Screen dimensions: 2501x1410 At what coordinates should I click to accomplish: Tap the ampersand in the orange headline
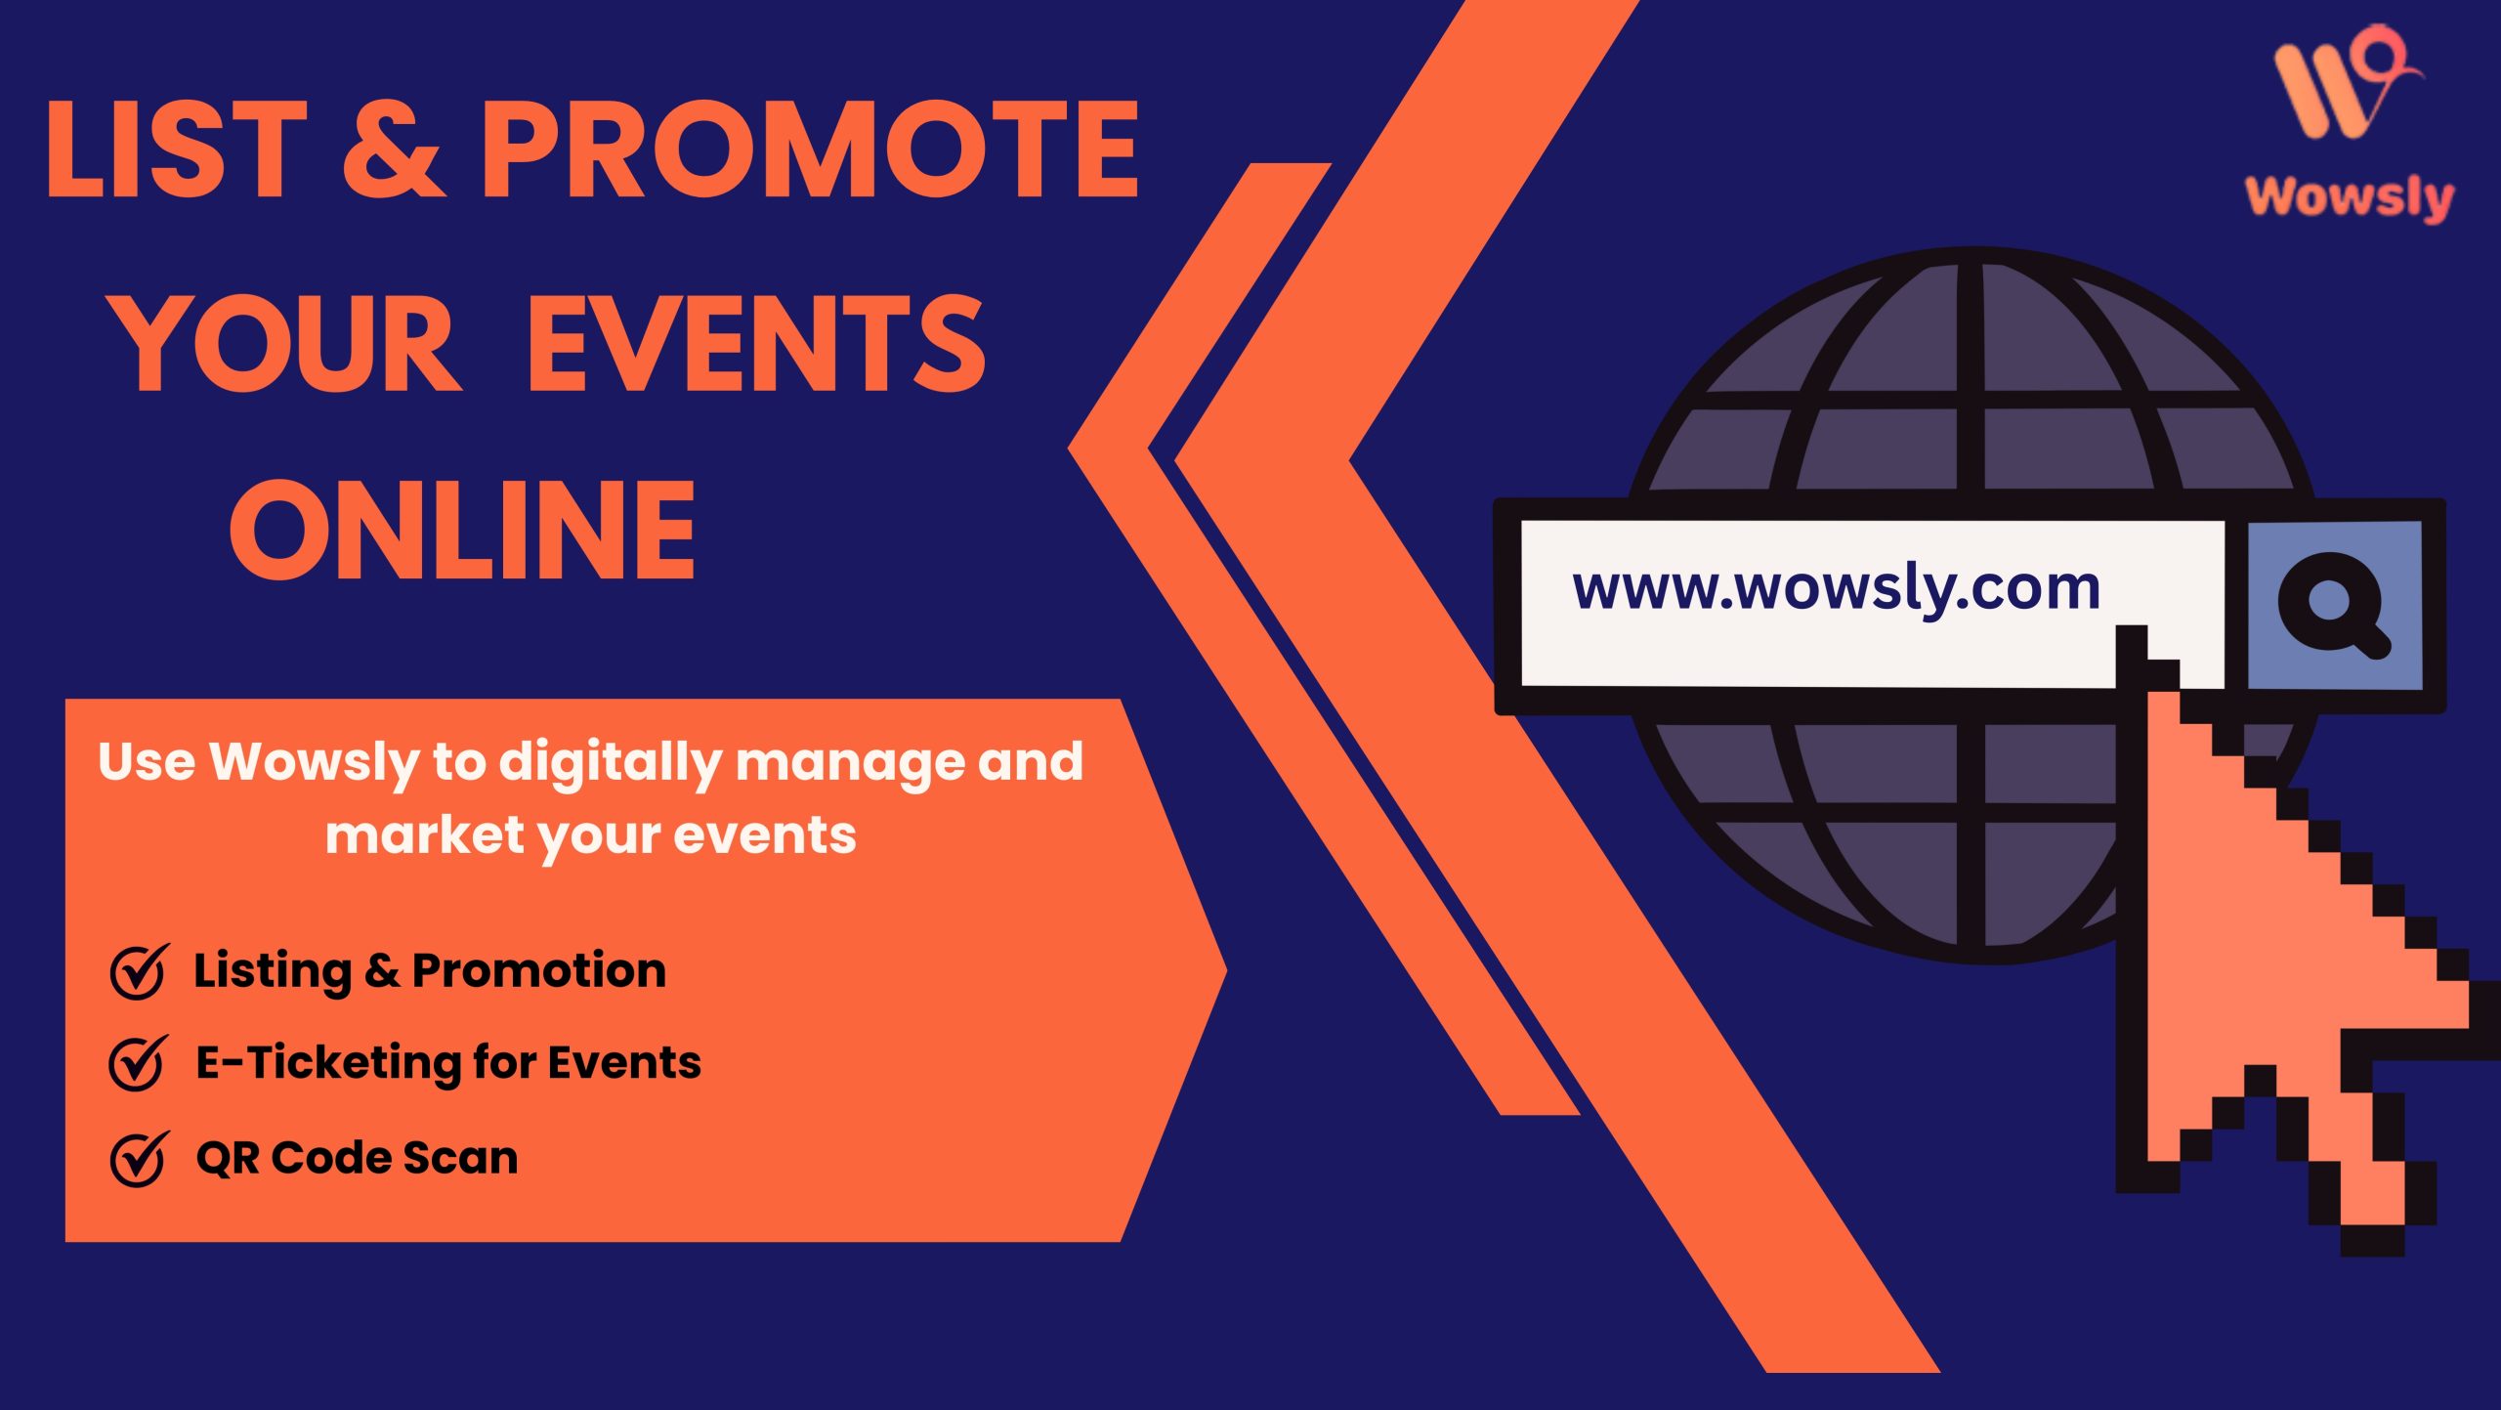[394, 150]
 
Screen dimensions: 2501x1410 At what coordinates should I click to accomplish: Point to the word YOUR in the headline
[284, 343]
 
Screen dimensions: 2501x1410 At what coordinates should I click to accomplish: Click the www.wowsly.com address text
[1836, 589]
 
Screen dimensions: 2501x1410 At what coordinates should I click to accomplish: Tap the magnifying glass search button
[2334, 605]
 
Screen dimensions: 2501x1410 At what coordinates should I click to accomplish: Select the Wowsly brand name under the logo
[2350, 197]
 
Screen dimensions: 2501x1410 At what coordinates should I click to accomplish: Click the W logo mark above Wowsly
[2344, 82]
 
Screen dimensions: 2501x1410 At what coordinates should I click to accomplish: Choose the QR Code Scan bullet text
[357, 1158]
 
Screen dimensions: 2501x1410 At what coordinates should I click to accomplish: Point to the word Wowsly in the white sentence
[314, 763]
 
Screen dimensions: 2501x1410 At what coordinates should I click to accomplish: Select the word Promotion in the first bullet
[539, 970]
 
